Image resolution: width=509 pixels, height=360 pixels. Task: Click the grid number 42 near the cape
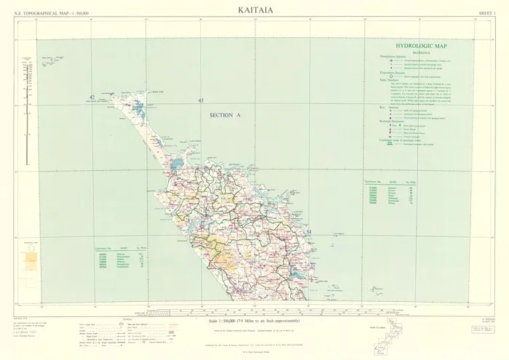pyautogui.click(x=92, y=97)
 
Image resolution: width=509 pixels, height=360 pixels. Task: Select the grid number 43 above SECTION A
pyautogui.click(x=201, y=100)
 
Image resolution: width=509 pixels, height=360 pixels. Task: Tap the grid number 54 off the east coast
pyautogui.click(x=309, y=232)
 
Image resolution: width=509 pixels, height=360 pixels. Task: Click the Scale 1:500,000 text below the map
pyautogui.click(x=262, y=320)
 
